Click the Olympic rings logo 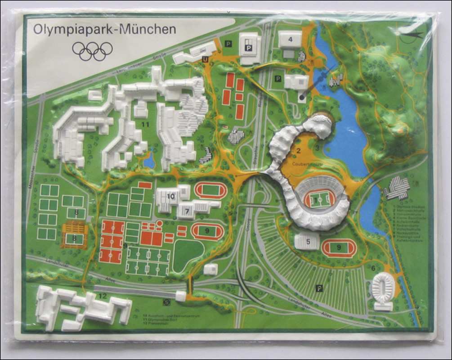(x=92, y=51)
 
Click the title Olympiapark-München (x=104, y=30)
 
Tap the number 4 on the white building (x=290, y=40)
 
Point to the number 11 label (x=145, y=124)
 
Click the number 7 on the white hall (x=186, y=211)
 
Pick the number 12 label (x=103, y=296)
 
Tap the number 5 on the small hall (x=308, y=242)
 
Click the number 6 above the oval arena (x=373, y=268)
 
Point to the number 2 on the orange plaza (x=298, y=150)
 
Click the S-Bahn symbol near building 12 (x=167, y=302)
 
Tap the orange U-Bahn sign (x=205, y=59)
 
